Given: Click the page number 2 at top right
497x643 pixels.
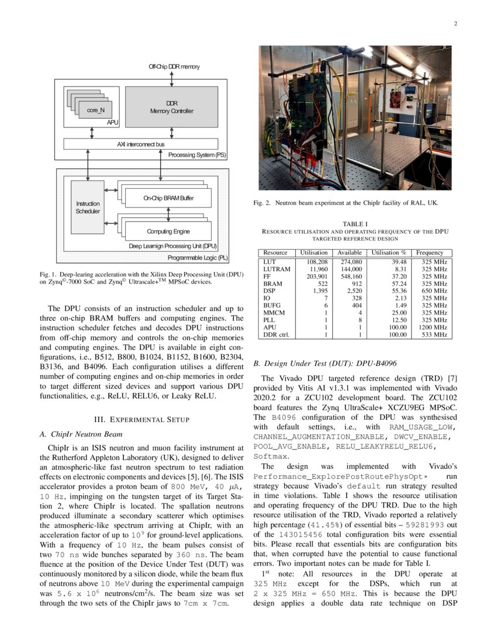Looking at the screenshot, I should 454,24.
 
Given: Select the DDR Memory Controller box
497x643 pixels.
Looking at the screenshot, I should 171,107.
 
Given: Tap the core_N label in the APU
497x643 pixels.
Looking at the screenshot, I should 96,110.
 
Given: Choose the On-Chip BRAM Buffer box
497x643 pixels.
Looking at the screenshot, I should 168,199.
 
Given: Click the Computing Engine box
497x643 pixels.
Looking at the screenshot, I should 168,231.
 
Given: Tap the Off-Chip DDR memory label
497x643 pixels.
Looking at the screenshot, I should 174,67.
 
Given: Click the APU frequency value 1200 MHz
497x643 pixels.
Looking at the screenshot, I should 432,327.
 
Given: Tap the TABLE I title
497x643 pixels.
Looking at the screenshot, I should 355,223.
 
